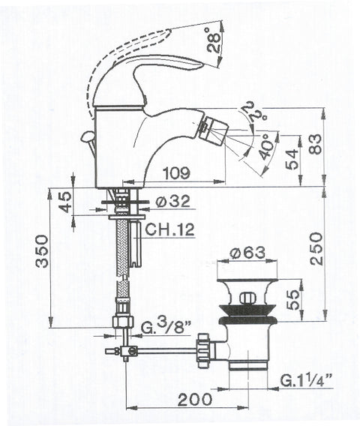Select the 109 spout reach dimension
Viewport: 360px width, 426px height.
coord(176,172)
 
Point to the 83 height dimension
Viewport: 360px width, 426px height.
coord(316,144)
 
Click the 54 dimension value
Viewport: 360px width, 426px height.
coord(292,160)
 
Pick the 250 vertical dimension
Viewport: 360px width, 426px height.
coord(316,248)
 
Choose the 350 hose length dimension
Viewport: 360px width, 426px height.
coord(43,251)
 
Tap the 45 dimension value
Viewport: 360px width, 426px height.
coord(65,202)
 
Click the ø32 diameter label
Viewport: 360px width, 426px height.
coord(173,201)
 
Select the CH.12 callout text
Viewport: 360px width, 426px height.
coord(169,229)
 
